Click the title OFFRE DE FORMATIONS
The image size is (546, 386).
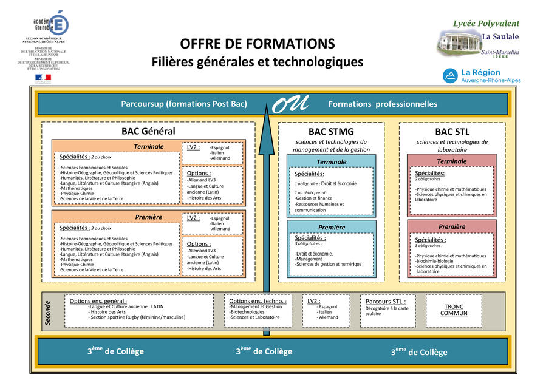257,44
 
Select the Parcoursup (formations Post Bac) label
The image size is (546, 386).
184,104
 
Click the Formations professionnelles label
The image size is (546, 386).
383,104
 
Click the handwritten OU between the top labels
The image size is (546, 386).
290,104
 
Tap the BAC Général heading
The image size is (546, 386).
148,131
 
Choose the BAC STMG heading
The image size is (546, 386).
331,132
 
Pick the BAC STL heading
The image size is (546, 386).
452,132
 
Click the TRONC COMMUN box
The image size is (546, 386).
454,310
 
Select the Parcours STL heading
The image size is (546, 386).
386,301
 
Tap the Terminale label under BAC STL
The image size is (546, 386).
451,161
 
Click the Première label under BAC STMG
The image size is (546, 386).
331,227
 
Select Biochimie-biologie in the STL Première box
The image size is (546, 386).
434,261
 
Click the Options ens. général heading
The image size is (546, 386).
98,301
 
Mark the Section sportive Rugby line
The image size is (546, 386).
137,317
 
